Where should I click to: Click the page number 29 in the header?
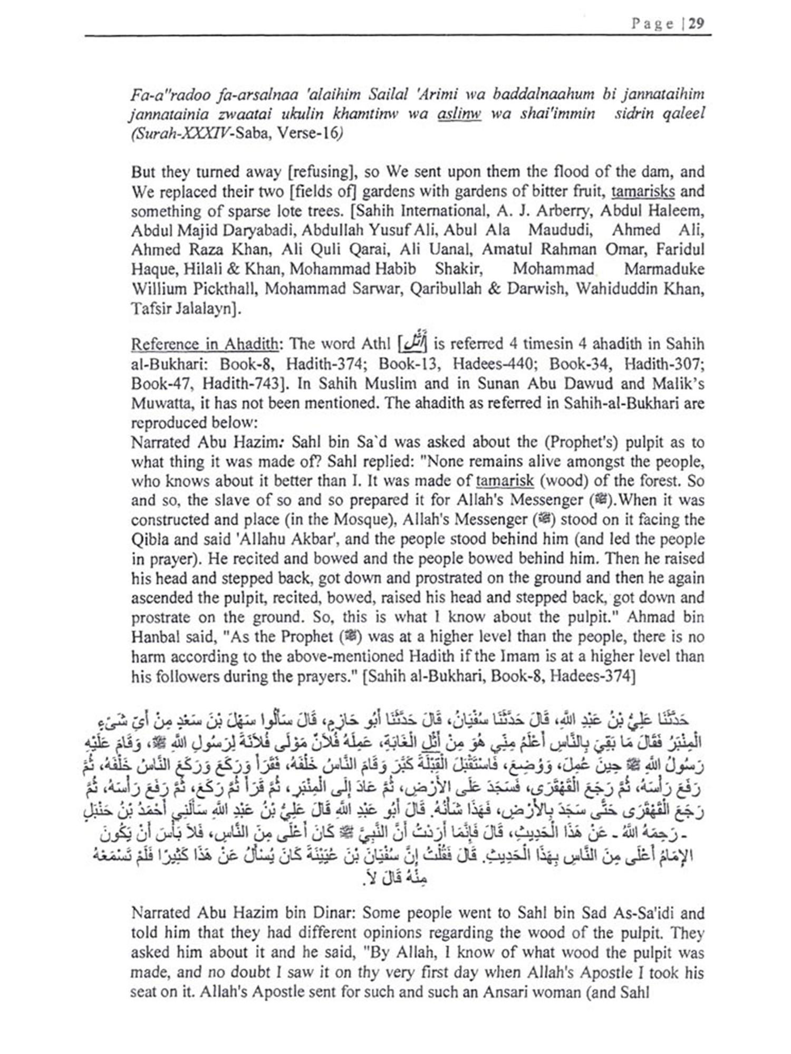coord(696,24)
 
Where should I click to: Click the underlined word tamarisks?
coord(643,191)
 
